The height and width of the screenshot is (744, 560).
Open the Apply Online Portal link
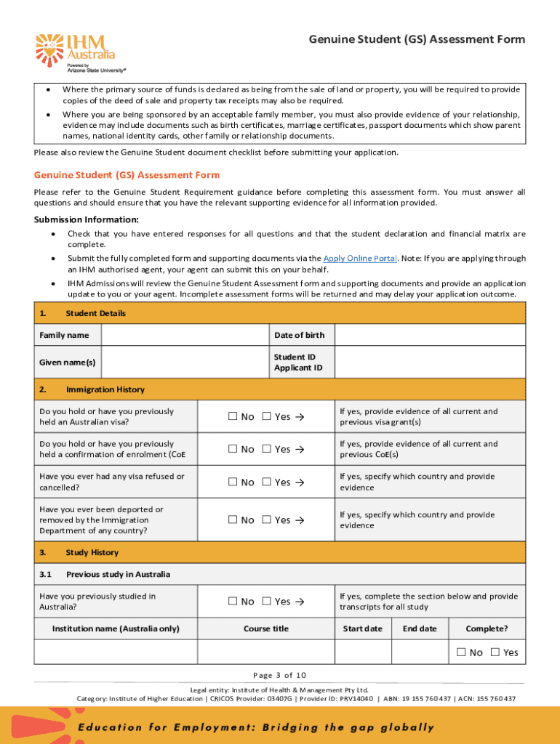pos(360,258)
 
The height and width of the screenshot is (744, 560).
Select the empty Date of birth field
pos(430,335)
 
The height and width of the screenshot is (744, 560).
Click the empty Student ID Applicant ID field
pos(430,362)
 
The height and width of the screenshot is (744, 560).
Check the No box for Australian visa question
pos(233,416)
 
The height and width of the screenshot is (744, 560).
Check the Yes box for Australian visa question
pos(267,416)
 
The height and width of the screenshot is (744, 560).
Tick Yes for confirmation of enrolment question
pos(267,449)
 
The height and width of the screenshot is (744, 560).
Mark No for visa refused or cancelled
pos(233,482)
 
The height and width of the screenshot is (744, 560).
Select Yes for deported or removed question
pos(267,519)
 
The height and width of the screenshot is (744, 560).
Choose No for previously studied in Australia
pos(233,601)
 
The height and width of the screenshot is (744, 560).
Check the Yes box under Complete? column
pos(496,652)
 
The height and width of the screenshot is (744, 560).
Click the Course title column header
pos(266,628)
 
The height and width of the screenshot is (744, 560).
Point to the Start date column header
pos(362,628)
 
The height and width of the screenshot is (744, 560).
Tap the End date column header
pos(420,628)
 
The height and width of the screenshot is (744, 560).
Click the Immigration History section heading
pos(105,389)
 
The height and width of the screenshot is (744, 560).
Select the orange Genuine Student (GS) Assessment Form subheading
pos(127,175)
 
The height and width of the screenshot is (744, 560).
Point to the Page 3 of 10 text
pos(279,674)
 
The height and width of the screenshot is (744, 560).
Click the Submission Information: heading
pos(87,219)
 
